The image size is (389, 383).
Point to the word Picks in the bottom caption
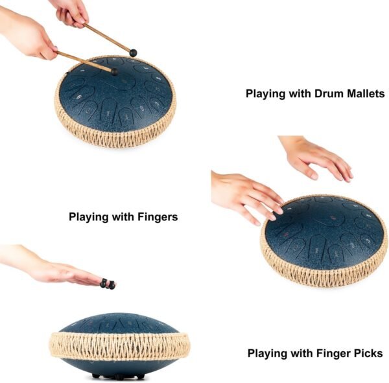pos(366,353)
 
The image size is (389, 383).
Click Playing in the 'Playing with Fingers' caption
pos(88,217)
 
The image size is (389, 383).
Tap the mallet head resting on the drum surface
pos(115,71)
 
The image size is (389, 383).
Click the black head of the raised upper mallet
pos(134,52)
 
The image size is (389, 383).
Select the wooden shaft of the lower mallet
pos(84,62)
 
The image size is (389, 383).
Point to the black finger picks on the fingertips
pos(108,284)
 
